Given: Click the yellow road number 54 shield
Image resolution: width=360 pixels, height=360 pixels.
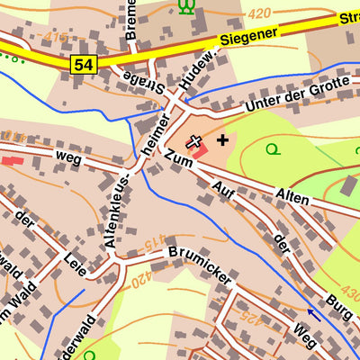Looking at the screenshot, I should (84, 63).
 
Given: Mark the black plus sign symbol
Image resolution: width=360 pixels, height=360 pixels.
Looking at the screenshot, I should (222, 139).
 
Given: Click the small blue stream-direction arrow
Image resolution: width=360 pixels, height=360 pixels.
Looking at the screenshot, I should (314, 314).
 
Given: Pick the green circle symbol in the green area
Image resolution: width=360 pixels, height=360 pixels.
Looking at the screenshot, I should (271, 148).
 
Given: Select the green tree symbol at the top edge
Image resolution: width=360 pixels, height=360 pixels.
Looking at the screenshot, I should (186, 6).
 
